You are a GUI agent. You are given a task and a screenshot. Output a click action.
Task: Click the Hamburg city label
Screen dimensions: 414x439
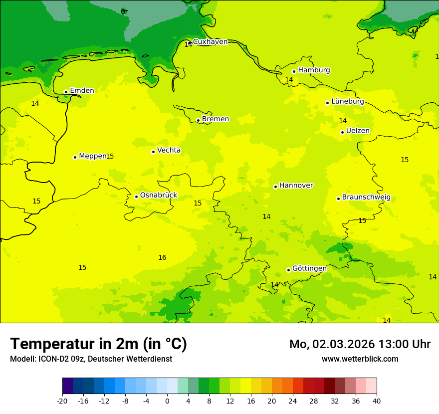[314, 70]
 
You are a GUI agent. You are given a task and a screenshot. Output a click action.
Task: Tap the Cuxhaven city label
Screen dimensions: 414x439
[210, 42]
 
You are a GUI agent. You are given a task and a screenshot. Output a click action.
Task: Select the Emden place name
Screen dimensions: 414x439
[82, 91]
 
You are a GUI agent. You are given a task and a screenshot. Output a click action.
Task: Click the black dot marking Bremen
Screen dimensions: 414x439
[198, 120]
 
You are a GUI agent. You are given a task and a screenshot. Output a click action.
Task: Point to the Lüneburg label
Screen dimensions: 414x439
[348, 101]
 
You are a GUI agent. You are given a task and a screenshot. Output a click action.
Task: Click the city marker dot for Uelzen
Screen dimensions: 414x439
[342, 132]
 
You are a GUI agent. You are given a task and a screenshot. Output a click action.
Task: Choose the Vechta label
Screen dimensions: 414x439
[169, 150]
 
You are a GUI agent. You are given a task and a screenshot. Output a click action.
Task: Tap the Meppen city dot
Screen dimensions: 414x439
[75, 157]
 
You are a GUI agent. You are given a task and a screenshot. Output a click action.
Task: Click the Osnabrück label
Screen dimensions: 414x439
[158, 195]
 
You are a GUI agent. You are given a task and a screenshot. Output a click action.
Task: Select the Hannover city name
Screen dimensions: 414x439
[296, 186]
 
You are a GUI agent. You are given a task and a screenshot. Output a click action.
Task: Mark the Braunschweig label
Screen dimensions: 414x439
[366, 198]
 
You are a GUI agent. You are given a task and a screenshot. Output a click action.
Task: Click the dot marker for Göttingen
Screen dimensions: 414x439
[288, 270]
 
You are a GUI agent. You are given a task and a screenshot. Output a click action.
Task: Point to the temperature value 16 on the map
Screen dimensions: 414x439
[162, 258]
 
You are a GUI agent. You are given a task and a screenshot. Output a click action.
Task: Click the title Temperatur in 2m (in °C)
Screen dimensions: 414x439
[98, 344]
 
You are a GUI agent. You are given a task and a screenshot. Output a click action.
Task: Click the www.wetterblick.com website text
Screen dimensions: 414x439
[360, 359]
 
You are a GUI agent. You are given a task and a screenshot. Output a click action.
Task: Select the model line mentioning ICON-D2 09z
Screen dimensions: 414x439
[91, 359]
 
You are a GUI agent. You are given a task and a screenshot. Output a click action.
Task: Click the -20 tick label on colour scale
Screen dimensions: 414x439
[62, 401]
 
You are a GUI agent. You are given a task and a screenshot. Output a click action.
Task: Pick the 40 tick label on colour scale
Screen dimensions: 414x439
[377, 401]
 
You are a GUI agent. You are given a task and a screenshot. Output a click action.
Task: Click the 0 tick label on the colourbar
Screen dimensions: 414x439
[167, 401]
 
